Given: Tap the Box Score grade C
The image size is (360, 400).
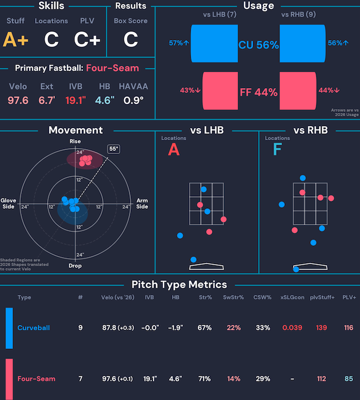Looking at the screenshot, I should (x=130, y=39).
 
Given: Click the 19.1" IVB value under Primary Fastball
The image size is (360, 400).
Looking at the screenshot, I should (x=75, y=100).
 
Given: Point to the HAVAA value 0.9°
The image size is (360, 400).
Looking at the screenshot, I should (x=133, y=100).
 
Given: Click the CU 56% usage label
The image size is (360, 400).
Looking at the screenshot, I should (x=258, y=45).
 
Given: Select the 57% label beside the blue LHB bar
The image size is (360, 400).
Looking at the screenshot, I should (x=179, y=42).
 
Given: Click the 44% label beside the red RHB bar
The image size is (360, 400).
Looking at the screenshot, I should (x=329, y=90).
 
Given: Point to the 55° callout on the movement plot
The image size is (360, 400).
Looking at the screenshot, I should (x=113, y=148).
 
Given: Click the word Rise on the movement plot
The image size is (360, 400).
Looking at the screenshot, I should (x=75, y=142).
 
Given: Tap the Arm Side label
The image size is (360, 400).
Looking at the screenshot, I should (x=142, y=203).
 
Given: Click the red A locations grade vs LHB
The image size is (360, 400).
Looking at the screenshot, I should (x=173, y=150).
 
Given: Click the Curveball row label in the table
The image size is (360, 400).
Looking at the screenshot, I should (x=33, y=328).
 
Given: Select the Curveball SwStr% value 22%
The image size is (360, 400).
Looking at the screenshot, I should (x=233, y=328).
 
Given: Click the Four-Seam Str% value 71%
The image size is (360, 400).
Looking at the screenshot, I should (x=204, y=378).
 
